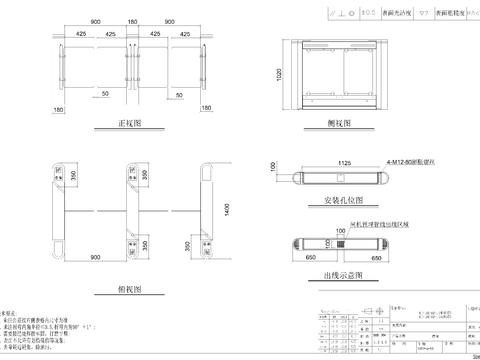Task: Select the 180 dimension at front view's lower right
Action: tap(211, 110)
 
